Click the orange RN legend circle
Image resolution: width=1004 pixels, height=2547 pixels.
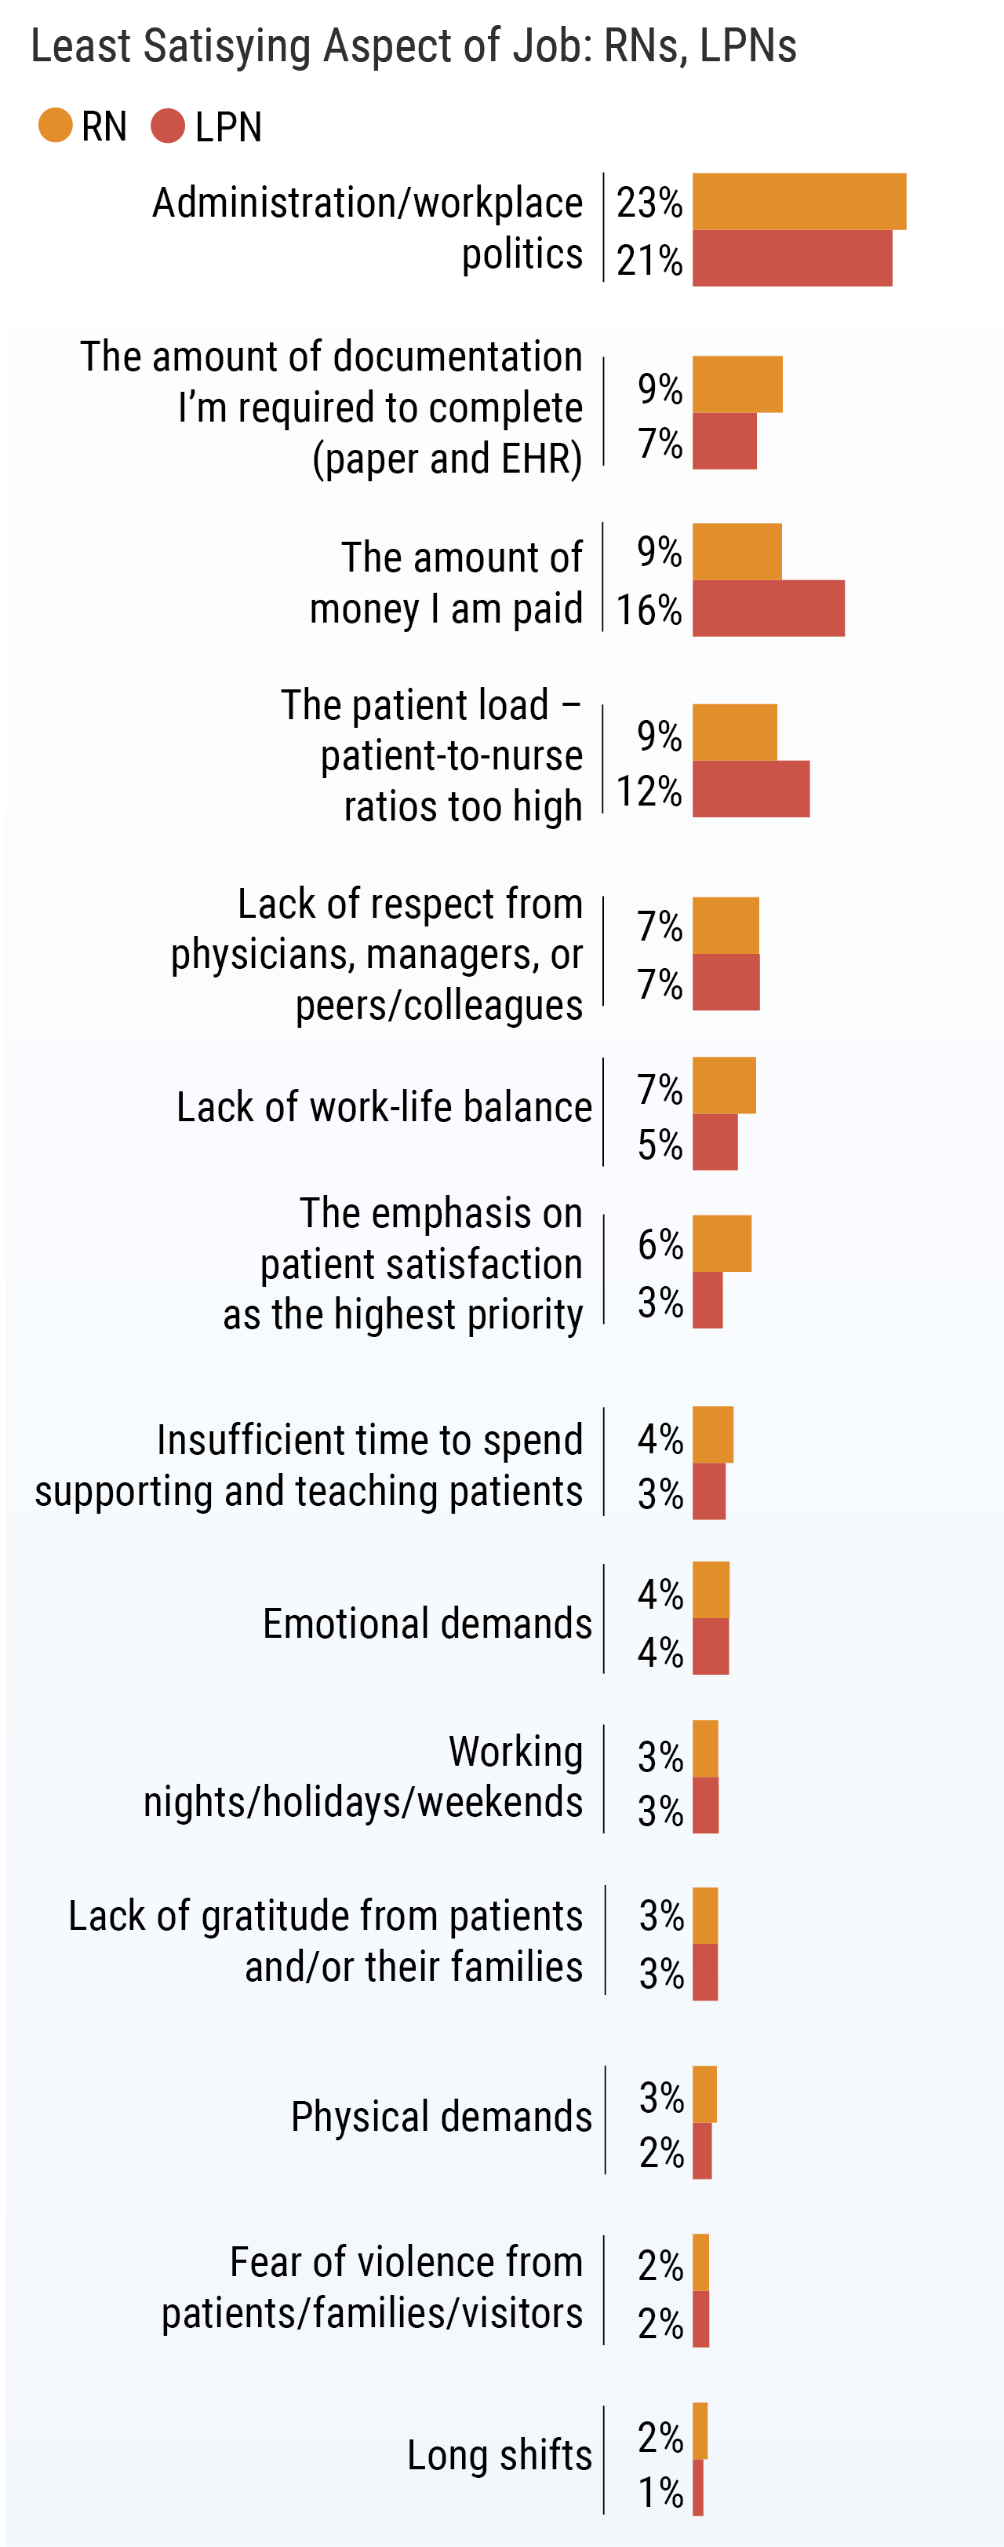coord(56,126)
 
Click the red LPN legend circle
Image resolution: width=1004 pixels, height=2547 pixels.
coord(168,126)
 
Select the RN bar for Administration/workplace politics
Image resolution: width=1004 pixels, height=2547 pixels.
coord(798,202)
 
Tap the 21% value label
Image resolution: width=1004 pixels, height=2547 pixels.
coord(649,261)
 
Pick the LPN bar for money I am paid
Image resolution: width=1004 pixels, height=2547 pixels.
coord(768,608)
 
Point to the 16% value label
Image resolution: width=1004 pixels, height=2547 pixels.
coord(649,610)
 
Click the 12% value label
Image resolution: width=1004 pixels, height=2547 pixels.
coord(649,791)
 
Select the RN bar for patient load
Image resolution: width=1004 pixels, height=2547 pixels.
coord(734,733)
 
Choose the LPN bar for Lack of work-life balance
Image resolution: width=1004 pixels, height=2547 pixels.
coord(715,1142)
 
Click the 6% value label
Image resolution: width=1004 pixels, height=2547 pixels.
coord(660,1244)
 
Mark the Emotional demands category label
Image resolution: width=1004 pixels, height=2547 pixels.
coord(427,1624)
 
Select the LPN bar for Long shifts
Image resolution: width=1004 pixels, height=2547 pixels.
coord(697,2487)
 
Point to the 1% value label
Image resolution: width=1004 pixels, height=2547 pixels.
coord(660,2491)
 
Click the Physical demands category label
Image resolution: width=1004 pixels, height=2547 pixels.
coord(441,2117)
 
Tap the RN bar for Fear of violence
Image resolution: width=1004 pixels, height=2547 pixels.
coord(700,2262)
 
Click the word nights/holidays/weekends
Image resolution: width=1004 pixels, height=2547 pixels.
coord(362,1801)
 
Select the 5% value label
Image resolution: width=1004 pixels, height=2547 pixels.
coord(660,1145)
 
